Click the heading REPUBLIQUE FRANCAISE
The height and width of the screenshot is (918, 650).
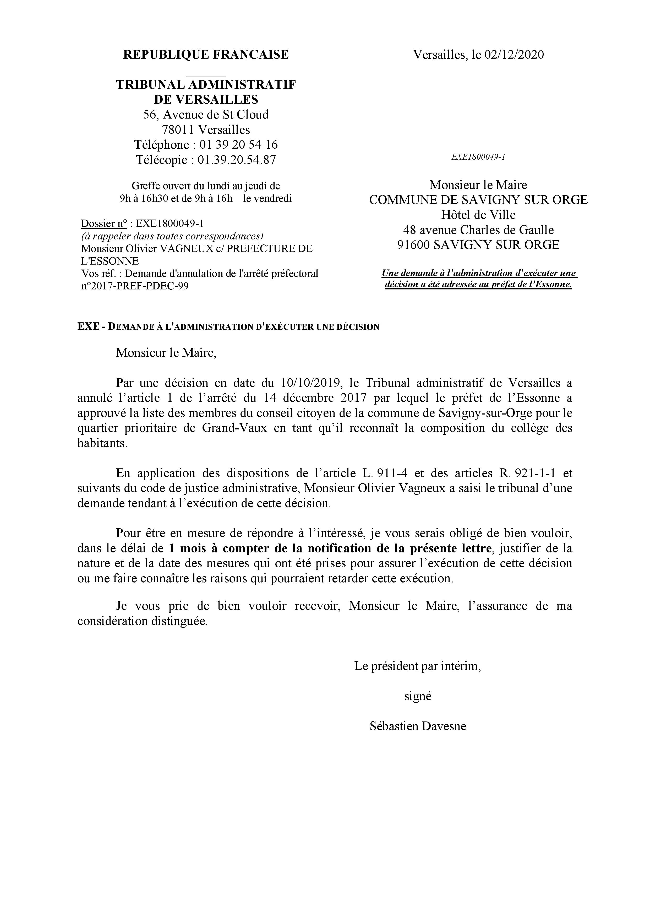206,55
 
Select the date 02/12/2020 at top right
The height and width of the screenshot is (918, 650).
514,55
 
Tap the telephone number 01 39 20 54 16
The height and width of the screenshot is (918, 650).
239,145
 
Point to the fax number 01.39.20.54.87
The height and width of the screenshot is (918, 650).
237,160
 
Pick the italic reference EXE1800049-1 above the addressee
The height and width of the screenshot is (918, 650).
478,157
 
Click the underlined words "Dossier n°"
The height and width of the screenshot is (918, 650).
104,223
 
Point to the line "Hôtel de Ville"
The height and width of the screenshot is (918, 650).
478,215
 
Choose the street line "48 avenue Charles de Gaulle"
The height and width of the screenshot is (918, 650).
478,230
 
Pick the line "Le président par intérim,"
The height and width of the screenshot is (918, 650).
417,666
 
